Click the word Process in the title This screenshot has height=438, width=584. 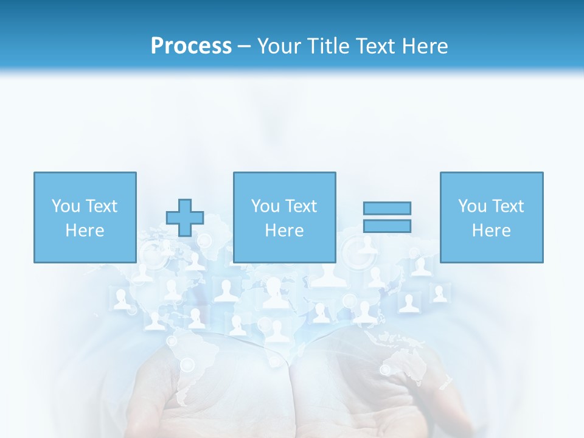(191, 46)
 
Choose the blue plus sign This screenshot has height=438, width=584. (185, 218)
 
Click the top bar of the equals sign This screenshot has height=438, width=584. (387, 208)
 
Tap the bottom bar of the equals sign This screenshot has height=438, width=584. (387, 226)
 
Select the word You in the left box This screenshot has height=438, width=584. (66, 206)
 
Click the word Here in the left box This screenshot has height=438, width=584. (85, 231)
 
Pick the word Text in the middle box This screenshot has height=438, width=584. (301, 206)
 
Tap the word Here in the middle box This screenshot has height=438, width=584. (284, 231)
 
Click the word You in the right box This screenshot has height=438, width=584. (472, 206)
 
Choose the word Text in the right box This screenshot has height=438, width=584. (507, 206)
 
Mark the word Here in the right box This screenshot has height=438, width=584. (491, 231)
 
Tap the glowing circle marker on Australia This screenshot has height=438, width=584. (385, 369)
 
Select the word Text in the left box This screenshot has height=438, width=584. (101, 206)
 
